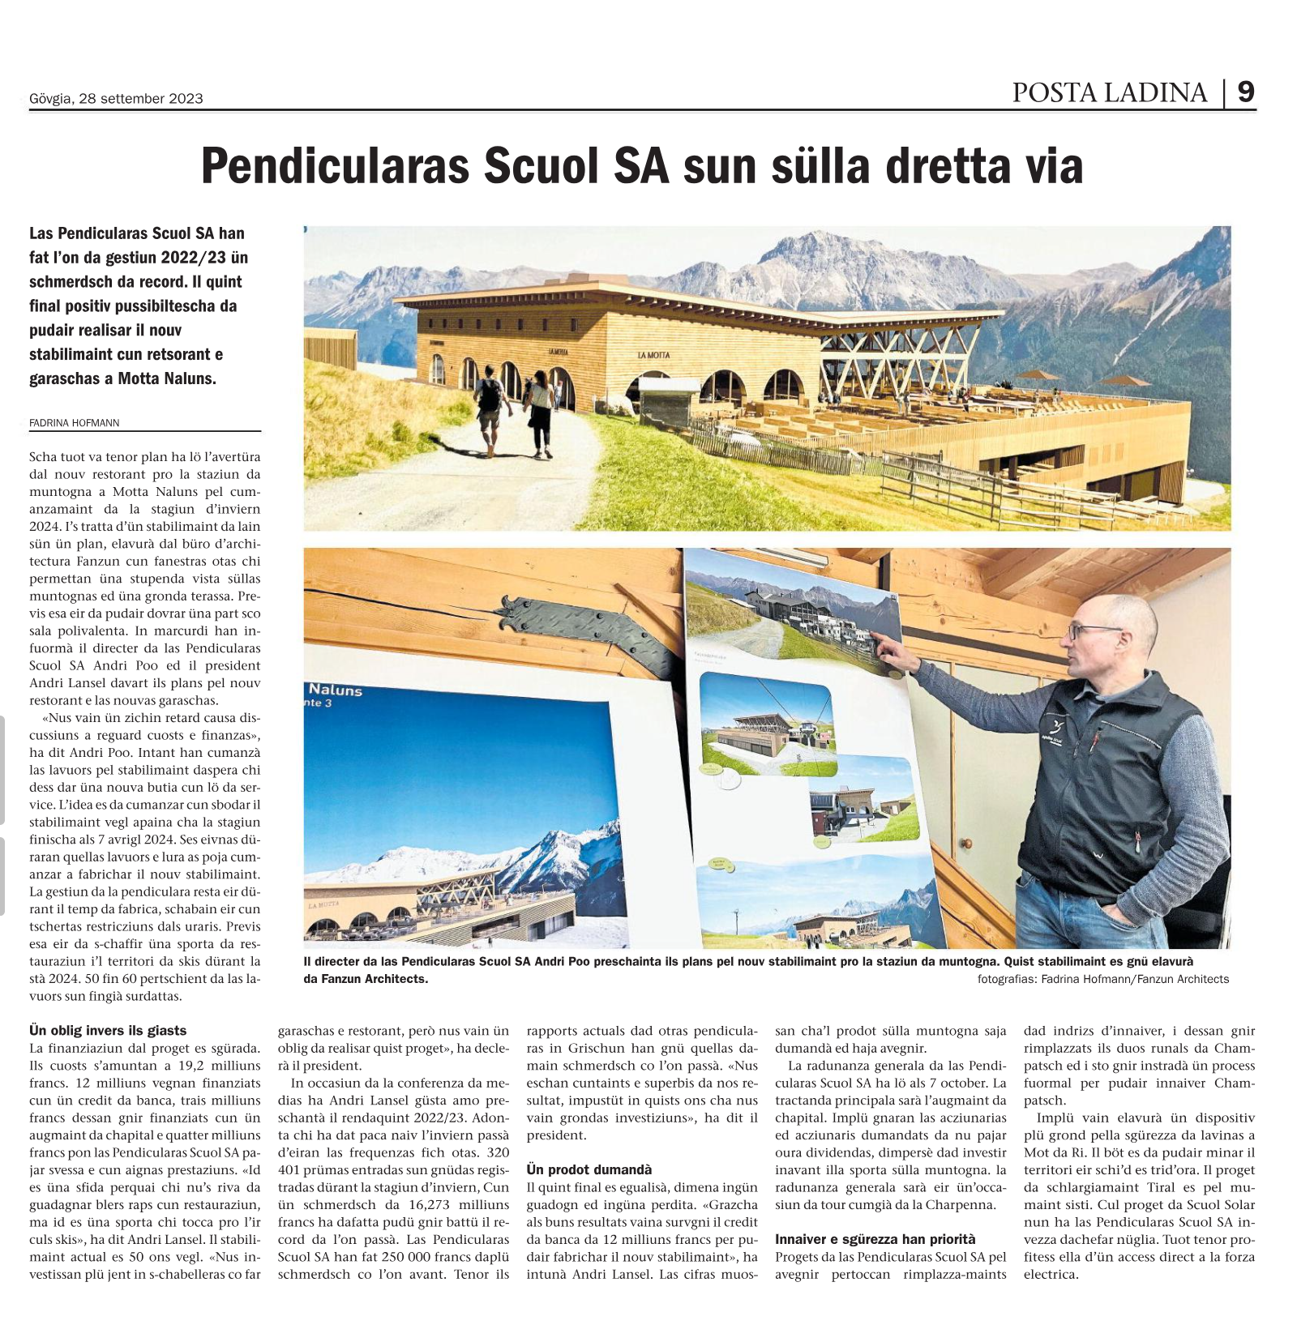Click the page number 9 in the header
(x=1246, y=92)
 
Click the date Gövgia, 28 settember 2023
(x=116, y=99)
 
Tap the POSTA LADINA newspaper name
(x=1109, y=93)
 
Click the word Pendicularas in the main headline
(x=335, y=166)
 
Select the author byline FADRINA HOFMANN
(x=75, y=422)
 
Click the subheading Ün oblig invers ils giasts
(x=108, y=1030)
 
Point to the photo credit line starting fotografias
(x=1102, y=979)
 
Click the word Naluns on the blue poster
(x=335, y=690)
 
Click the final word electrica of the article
(x=1051, y=1274)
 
